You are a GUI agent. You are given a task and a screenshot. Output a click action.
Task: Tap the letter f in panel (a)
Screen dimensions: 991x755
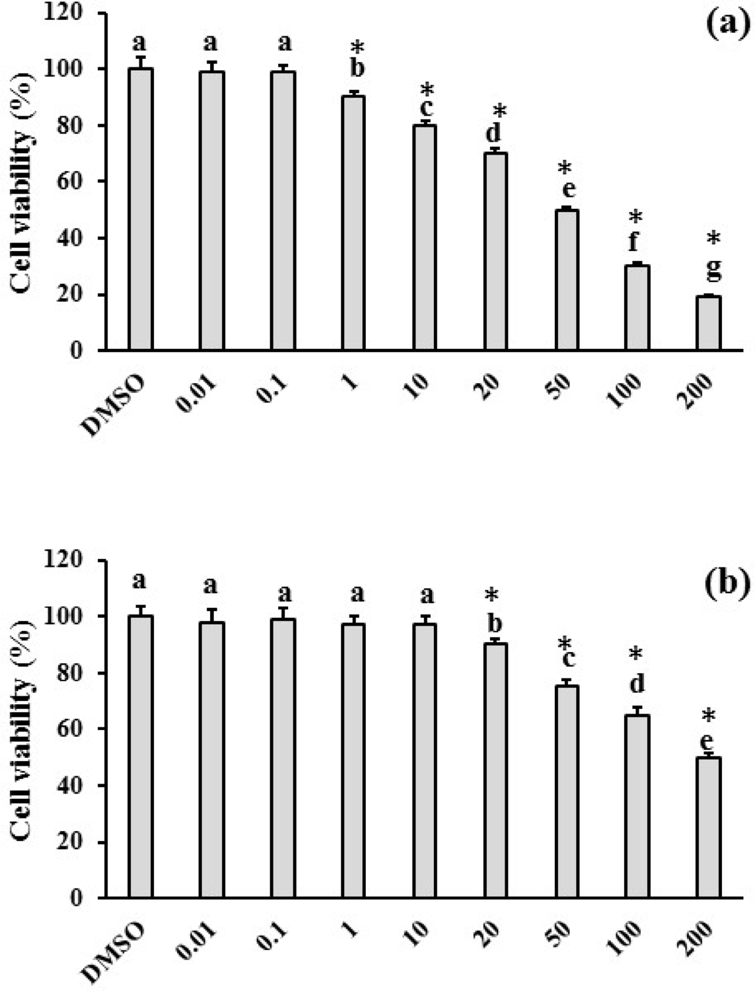[634, 242]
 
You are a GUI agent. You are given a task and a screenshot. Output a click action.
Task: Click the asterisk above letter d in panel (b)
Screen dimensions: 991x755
[636, 654]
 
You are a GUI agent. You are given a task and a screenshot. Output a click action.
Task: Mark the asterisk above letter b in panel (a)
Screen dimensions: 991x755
[357, 48]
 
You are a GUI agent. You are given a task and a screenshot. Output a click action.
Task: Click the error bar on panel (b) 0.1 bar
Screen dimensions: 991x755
[283, 612]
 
